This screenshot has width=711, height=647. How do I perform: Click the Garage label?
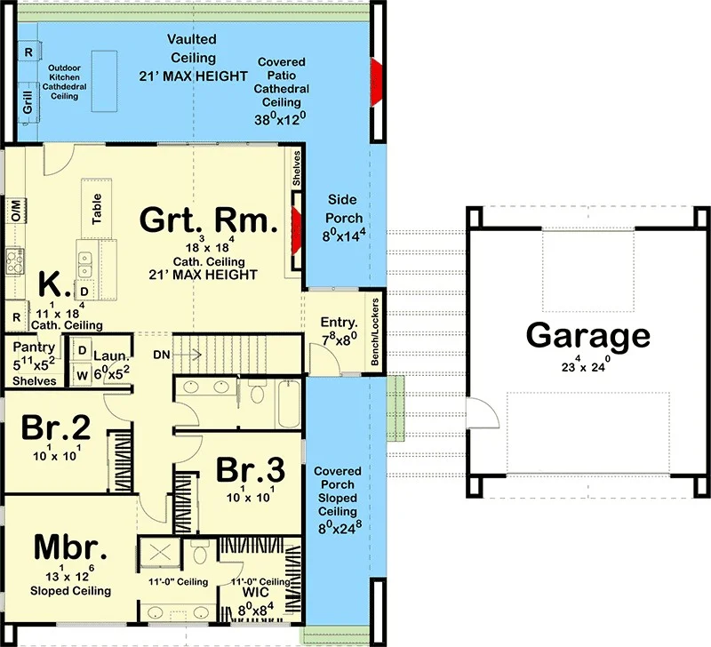coord(588,335)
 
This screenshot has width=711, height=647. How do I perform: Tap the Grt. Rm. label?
coord(209,220)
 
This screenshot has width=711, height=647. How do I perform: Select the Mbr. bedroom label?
coord(71,547)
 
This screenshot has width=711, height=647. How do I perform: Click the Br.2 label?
coord(56,427)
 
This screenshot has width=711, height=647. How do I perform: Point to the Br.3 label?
coord(251,469)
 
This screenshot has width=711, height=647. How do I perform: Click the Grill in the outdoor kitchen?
coord(28,102)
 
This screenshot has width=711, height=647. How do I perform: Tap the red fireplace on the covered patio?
coord(377,82)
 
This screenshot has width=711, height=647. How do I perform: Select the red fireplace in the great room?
coord(296,230)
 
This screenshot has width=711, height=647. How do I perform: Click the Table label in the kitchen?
coord(97,209)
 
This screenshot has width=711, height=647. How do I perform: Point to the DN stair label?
coord(162,355)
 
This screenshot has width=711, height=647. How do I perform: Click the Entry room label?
coord(339,323)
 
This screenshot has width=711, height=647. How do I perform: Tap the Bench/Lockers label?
coord(375,331)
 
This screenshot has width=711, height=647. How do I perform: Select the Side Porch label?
coord(343,209)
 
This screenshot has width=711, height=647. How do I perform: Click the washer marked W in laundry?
coord(82,375)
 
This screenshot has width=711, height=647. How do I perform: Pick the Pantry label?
coord(34,347)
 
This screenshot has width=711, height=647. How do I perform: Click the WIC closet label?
coord(255,592)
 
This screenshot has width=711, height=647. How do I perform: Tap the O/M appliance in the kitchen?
coord(16,211)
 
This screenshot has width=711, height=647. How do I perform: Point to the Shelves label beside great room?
coord(296,168)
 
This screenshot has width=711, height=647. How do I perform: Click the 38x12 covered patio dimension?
coord(280,119)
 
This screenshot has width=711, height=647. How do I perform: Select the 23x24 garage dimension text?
coord(586,364)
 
